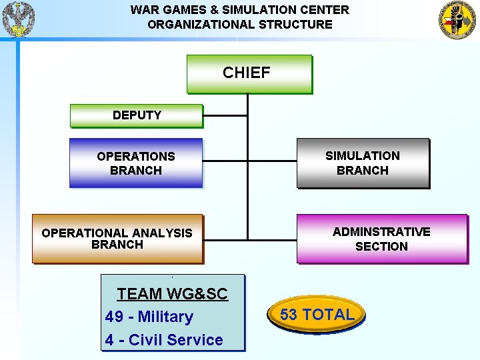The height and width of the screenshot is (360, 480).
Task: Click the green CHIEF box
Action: (249, 73)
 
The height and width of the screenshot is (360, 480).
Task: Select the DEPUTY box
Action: (136, 115)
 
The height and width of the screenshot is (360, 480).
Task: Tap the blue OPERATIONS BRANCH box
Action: (136, 163)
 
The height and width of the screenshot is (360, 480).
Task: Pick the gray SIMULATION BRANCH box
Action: (363, 163)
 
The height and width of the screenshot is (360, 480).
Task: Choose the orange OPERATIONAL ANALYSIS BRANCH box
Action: (117, 239)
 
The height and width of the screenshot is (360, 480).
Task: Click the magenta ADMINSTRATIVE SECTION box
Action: (381, 239)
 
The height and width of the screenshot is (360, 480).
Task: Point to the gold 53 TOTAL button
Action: (317, 315)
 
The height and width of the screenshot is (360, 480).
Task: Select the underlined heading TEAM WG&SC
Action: (172, 294)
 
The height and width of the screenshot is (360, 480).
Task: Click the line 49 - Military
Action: (149, 317)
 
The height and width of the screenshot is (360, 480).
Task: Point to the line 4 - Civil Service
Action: (164, 340)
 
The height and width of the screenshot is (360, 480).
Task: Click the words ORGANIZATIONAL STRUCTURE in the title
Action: (240, 25)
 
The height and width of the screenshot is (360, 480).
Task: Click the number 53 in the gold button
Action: (289, 315)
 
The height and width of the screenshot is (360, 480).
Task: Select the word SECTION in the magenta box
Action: (381, 247)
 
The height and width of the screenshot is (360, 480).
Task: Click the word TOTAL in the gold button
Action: (328, 315)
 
